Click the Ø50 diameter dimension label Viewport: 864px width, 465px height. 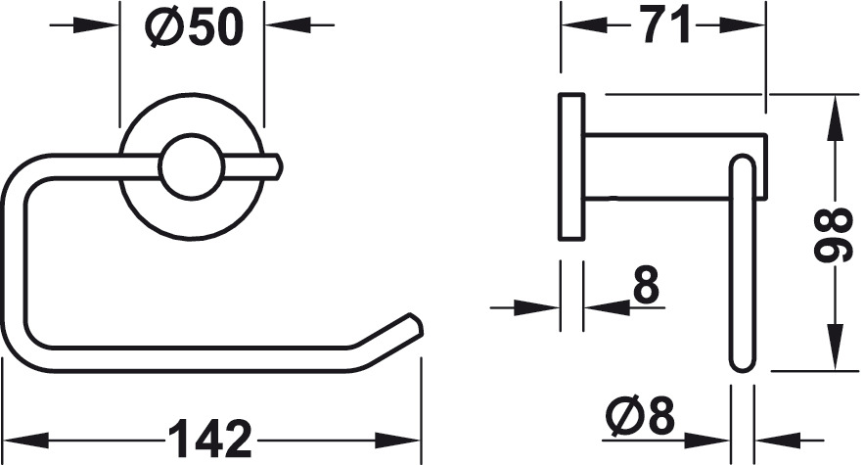pyautogui.click(x=194, y=27)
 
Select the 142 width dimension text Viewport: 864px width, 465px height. pyautogui.click(x=210, y=440)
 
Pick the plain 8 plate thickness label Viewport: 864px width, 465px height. pyautogui.click(x=647, y=285)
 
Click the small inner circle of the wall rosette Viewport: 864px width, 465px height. pyautogui.click(x=192, y=166)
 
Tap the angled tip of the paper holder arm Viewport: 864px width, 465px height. pyautogui.click(x=415, y=324)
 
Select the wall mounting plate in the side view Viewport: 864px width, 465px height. pyautogui.click(x=571, y=167)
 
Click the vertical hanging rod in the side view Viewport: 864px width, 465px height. pyautogui.click(x=743, y=264)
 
